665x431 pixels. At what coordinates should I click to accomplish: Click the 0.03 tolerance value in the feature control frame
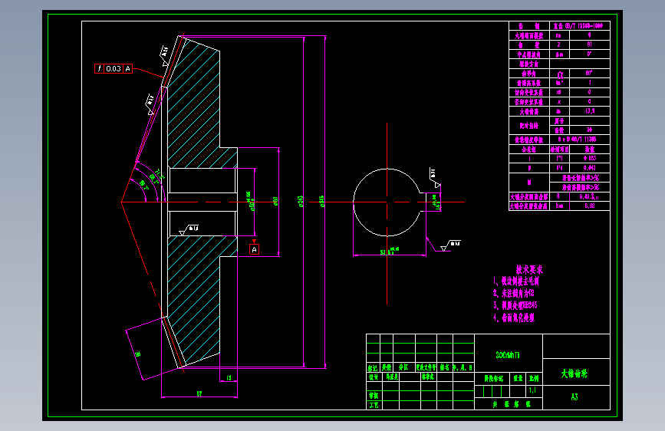113,68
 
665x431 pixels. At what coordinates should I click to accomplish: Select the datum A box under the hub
255,249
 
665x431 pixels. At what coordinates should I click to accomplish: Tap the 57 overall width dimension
199,393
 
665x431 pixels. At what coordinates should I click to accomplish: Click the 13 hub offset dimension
229,377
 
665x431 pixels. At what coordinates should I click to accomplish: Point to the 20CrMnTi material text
508,355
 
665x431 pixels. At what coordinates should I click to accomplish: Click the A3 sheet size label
574,397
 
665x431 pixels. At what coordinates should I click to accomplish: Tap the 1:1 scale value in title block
533,390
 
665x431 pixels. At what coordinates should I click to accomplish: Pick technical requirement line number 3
516,304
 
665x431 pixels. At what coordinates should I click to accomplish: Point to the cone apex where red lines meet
122,202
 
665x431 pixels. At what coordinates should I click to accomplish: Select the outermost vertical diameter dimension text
322,202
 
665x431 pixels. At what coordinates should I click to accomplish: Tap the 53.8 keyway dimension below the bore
384,252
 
